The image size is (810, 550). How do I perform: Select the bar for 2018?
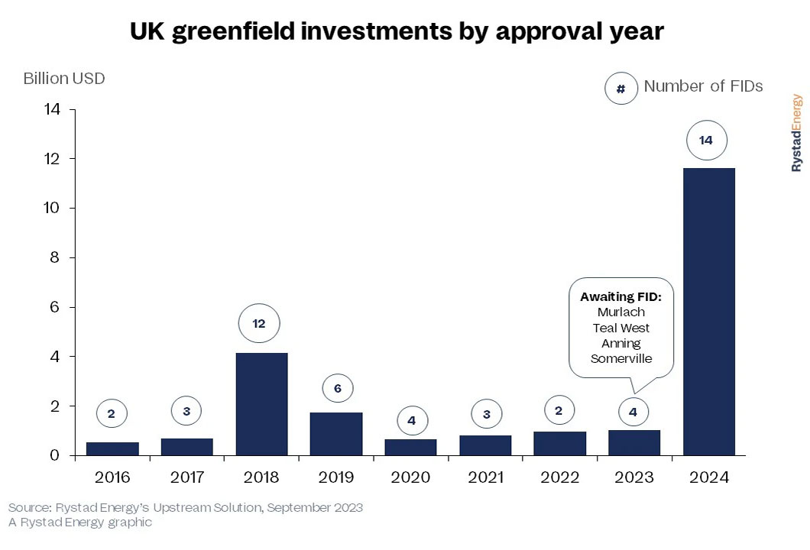[261, 404]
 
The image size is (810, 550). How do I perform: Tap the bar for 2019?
[336, 434]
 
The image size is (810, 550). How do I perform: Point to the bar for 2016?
[112, 448]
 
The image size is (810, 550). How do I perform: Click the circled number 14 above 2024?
[705, 141]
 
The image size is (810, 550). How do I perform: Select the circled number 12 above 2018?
[258, 324]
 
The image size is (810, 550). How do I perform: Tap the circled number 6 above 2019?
[337, 388]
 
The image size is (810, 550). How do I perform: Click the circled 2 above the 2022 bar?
[559, 410]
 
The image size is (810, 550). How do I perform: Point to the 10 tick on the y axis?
[54, 209]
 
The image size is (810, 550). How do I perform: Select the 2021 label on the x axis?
[485, 478]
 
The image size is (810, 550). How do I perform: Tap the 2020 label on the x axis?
[410, 478]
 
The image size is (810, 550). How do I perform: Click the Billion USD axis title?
[64, 79]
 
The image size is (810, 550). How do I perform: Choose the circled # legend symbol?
[620, 89]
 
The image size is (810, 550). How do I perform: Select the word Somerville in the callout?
[621, 358]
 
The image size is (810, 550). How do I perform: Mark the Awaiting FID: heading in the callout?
[620, 296]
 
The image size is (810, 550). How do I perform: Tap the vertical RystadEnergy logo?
[796, 132]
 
